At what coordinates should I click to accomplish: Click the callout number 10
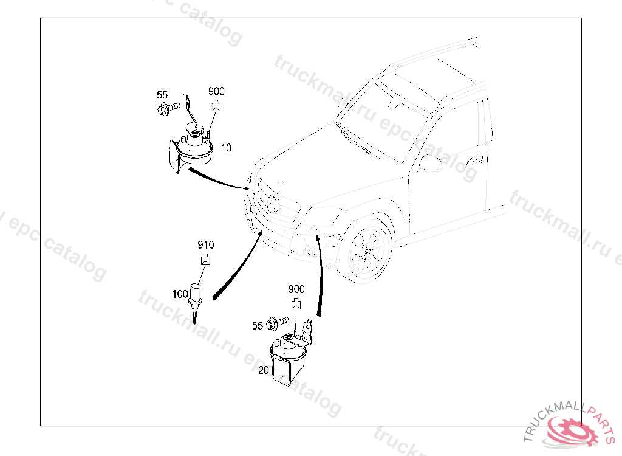point(225,148)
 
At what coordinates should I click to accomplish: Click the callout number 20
point(263,370)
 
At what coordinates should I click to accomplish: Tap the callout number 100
point(180,294)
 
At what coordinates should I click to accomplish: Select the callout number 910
point(205,245)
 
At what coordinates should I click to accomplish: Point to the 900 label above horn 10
point(216,91)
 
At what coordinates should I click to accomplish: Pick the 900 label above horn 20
point(296,289)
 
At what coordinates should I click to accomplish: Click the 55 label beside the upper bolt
point(162,95)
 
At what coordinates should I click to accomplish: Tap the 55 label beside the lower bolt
point(258,326)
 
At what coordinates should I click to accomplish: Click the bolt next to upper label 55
point(169,108)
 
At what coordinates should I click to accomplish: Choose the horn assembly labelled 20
point(288,360)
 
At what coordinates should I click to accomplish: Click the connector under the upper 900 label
point(216,107)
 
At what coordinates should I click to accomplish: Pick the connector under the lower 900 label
point(296,305)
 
